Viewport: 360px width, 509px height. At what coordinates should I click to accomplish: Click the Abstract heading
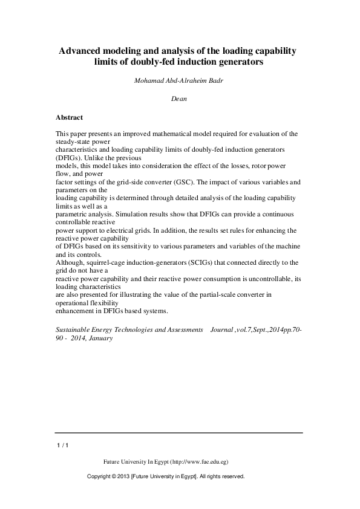click(x=69, y=117)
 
